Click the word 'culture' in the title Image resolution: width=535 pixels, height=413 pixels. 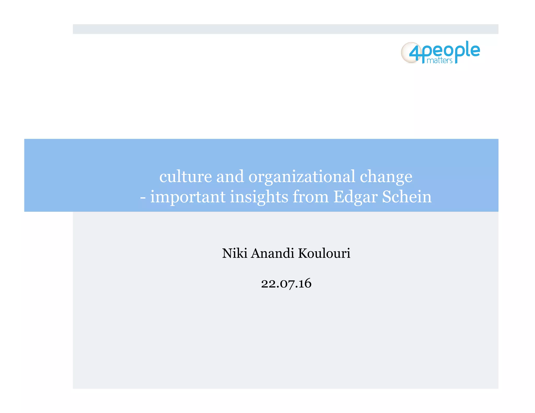(x=185, y=177)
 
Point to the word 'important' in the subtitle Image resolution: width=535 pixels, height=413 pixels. (x=188, y=197)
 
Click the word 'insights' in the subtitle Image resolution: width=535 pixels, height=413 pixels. (x=259, y=197)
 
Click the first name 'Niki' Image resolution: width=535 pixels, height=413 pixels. (x=235, y=253)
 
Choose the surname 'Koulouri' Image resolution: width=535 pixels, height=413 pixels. (x=324, y=253)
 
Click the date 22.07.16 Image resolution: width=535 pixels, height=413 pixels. (x=286, y=284)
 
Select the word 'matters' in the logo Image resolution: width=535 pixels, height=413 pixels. (x=439, y=61)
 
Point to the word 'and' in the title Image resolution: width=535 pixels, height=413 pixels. (x=230, y=177)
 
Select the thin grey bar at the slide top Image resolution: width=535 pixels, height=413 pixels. (x=286, y=29)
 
